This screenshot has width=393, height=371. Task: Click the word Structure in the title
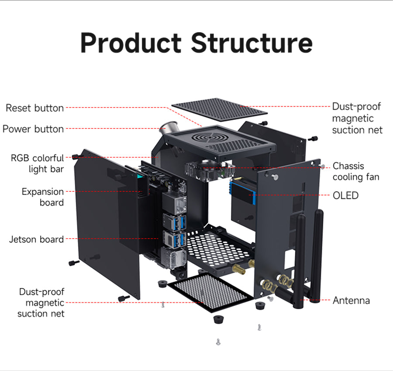(x=252, y=43)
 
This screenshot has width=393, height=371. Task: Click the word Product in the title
(x=131, y=43)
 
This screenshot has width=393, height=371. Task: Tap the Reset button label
(x=34, y=108)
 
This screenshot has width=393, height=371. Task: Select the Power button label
(x=33, y=129)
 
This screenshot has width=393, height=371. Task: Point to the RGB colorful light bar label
(x=38, y=163)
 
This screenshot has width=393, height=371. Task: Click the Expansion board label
(x=43, y=197)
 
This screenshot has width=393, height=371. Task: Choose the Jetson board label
(x=37, y=239)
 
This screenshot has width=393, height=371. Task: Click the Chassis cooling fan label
(x=355, y=171)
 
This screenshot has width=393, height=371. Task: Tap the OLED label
(x=345, y=195)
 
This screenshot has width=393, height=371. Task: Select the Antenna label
(x=351, y=300)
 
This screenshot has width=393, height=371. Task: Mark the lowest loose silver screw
(x=218, y=342)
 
